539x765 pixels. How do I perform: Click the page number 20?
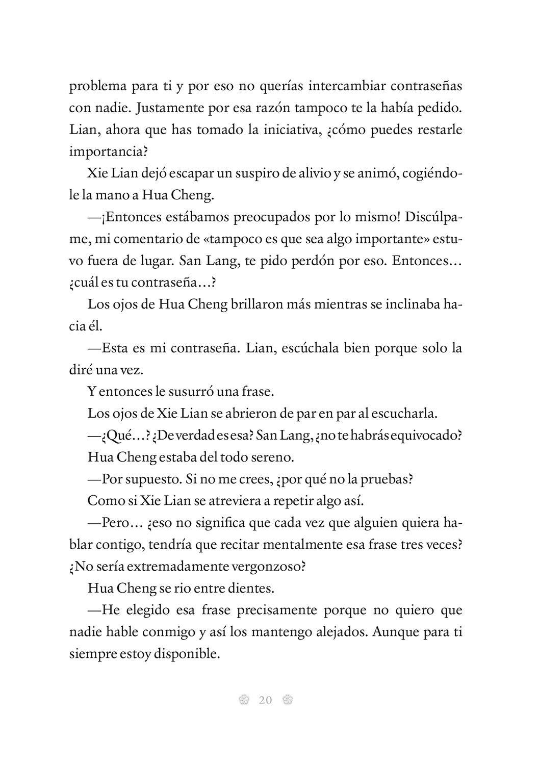(x=265, y=700)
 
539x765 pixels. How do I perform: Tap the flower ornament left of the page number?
(x=244, y=700)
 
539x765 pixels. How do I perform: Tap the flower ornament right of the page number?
(x=287, y=700)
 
